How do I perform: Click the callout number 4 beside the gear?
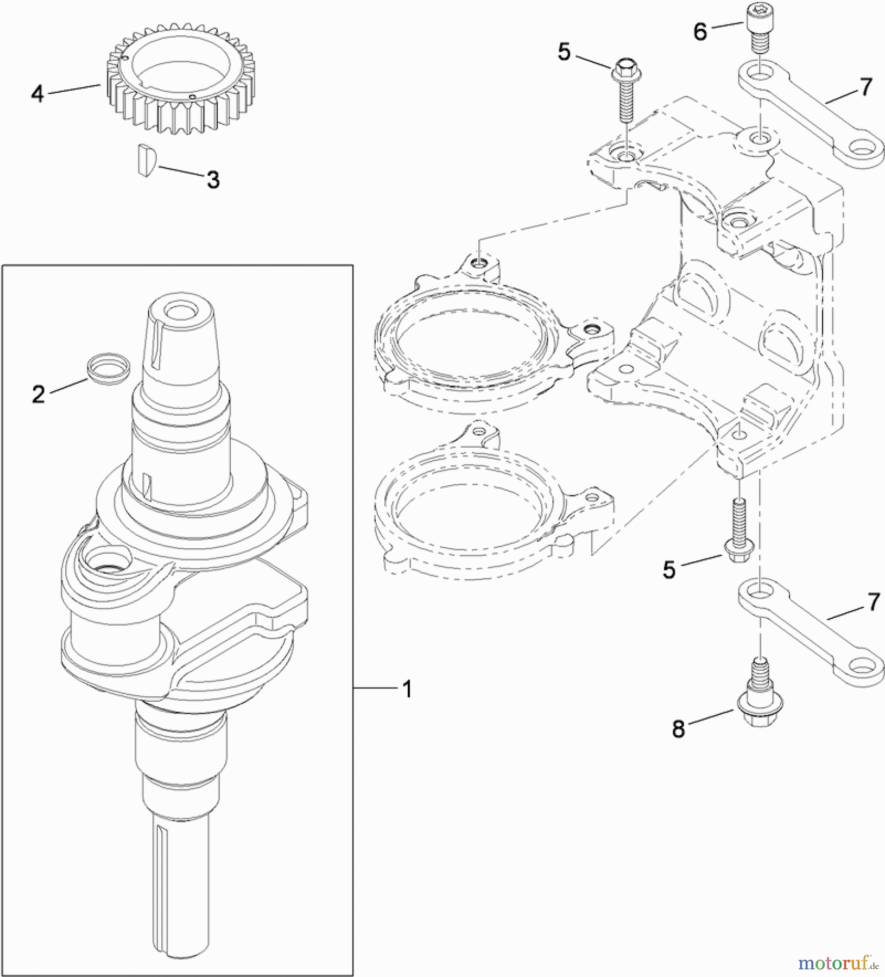coord(37,94)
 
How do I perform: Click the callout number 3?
coord(213,179)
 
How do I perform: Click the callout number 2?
coord(38,394)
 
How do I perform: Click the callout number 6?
coord(700,31)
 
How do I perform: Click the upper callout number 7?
coord(865,87)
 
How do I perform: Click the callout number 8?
coord(679,729)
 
